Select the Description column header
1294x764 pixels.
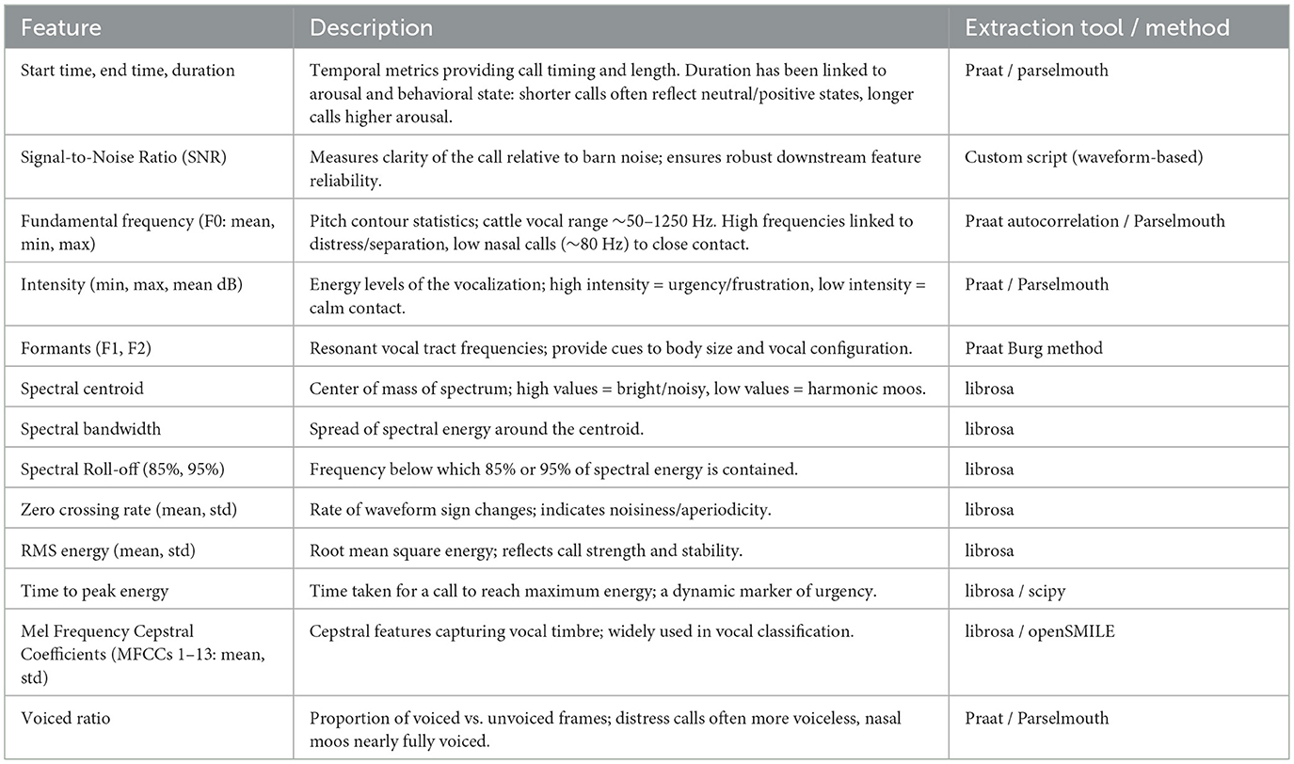click(371, 27)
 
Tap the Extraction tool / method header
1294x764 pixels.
click(1096, 27)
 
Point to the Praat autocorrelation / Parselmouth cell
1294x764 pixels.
click(1094, 221)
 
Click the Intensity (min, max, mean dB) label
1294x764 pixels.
click(132, 284)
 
